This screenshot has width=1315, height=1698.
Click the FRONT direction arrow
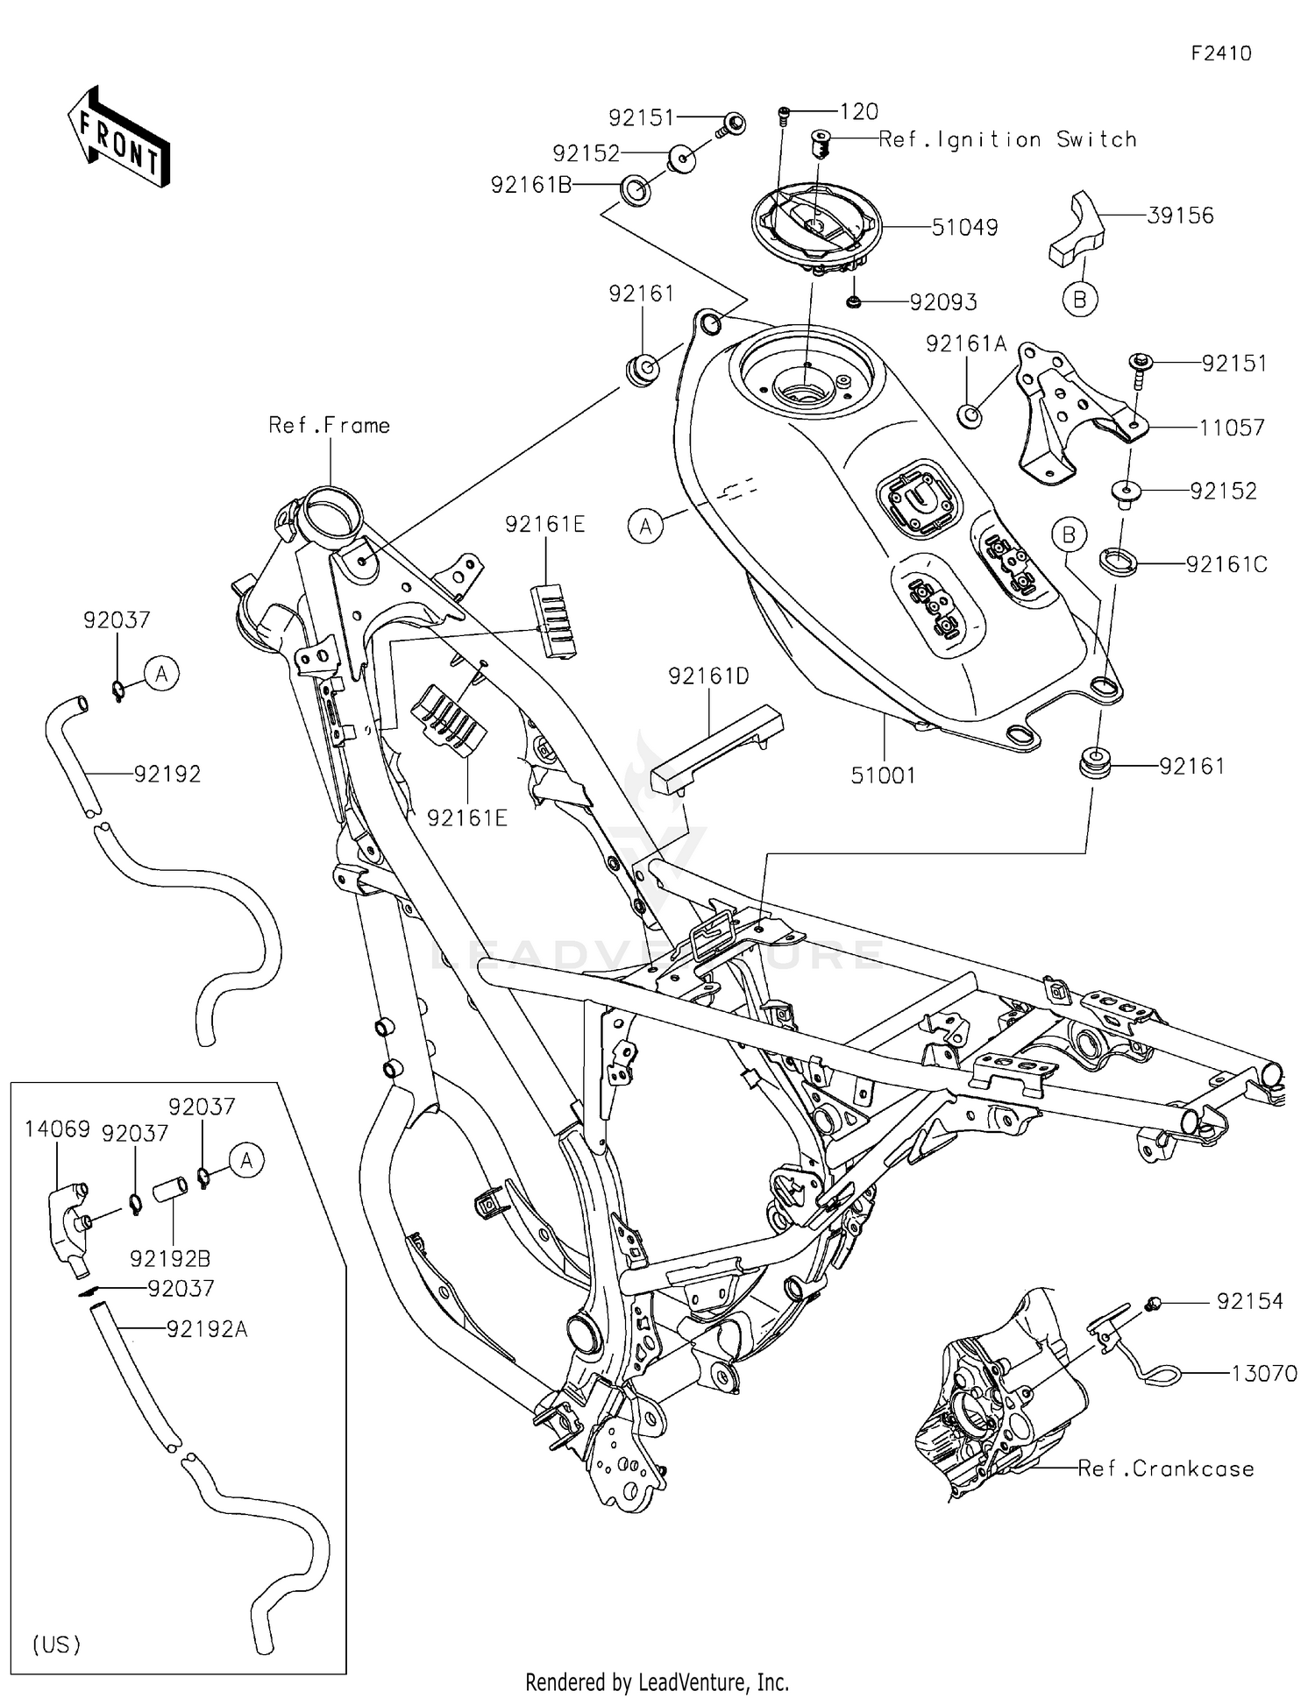click(x=118, y=138)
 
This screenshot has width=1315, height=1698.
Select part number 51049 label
click(x=964, y=228)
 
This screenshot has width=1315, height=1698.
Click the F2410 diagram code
click(x=1221, y=53)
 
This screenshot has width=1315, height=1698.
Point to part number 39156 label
click(x=1180, y=216)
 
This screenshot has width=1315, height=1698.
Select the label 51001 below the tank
click(x=883, y=775)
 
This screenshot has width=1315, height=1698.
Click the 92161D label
click(x=708, y=676)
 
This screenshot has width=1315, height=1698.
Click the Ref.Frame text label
click(x=329, y=426)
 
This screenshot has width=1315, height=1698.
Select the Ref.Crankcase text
click(x=1166, y=1468)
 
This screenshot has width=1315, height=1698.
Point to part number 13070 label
click(x=1263, y=1374)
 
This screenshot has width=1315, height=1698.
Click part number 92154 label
click(x=1249, y=1302)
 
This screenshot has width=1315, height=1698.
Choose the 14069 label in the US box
click(x=57, y=1129)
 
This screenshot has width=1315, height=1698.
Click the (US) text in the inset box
click(x=57, y=1645)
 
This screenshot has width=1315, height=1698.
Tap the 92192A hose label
click(x=208, y=1330)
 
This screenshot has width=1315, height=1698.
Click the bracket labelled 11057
click(x=1061, y=412)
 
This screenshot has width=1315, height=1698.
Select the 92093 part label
click(x=943, y=302)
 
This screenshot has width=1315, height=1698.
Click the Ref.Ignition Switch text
click(x=1007, y=139)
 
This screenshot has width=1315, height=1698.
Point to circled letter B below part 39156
click(x=1080, y=300)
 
